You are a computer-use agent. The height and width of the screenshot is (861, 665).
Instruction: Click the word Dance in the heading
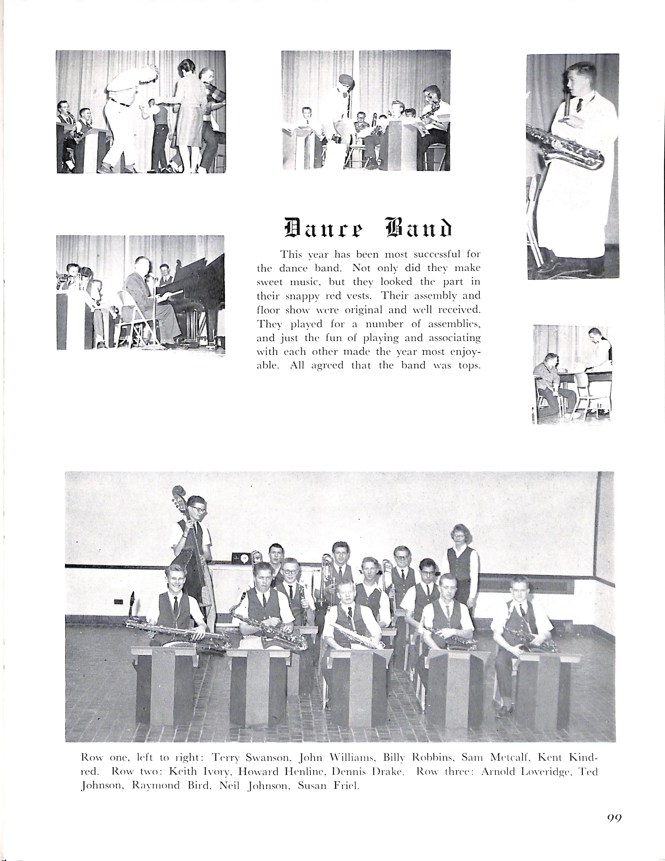tap(323, 229)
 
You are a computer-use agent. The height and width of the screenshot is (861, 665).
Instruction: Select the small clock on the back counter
tap(240, 558)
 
